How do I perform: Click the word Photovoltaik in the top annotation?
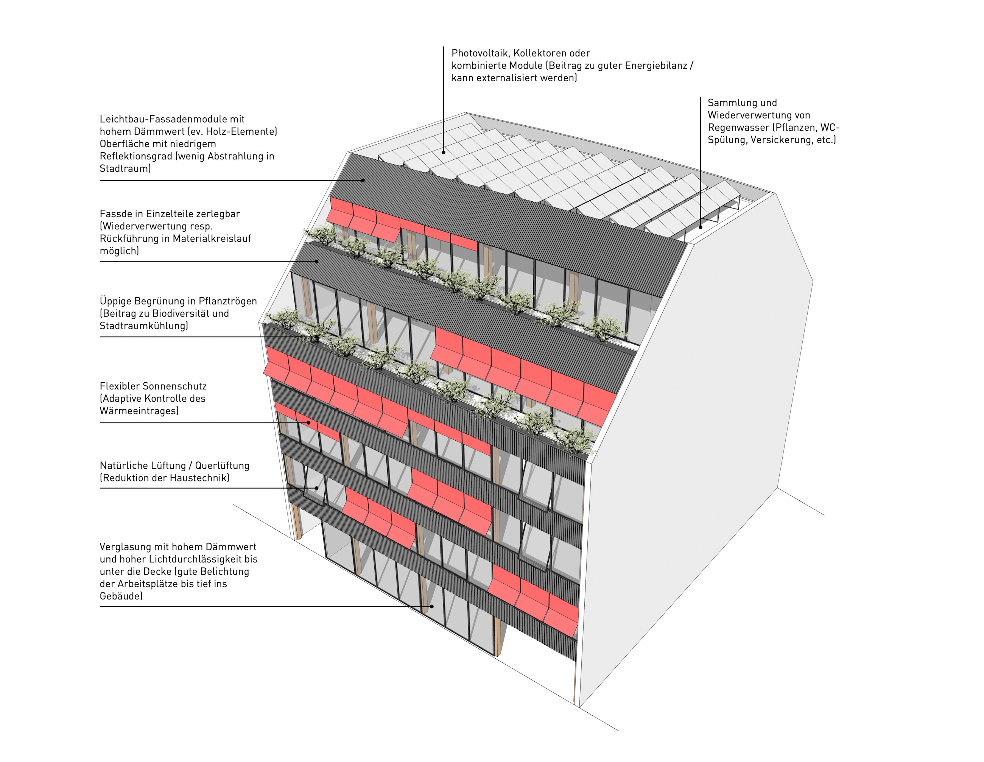coord(480,53)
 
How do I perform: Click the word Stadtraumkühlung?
coord(143,326)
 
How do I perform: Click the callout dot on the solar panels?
coord(443,152)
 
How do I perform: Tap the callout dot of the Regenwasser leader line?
coord(701,227)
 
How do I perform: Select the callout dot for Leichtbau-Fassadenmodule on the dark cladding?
coord(363,180)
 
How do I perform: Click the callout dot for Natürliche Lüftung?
coord(317,488)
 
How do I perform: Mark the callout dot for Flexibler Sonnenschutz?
coord(309,423)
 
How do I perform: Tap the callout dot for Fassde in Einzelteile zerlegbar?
coord(317,261)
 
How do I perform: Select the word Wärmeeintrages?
coord(139,411)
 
